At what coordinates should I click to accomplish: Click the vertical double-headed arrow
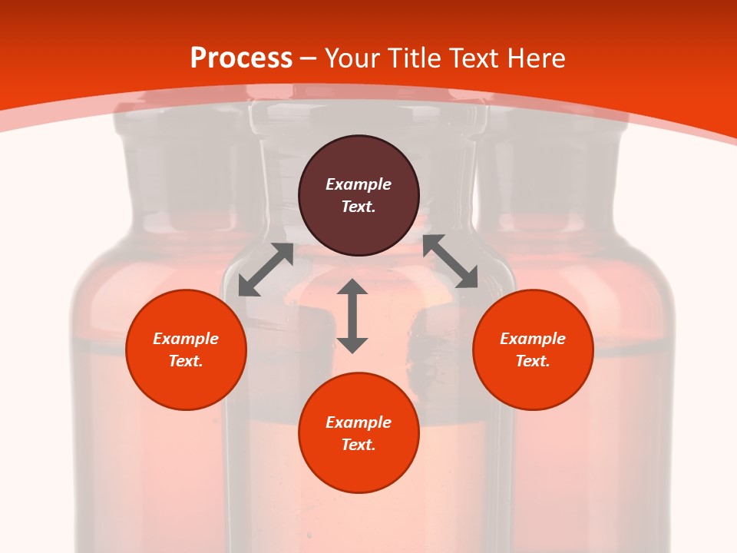[x=352, y=316]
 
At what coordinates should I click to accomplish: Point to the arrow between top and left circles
[x=266, y=270]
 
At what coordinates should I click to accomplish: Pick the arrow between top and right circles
[x=450, y=261]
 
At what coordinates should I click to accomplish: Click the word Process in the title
[x=241, y=58]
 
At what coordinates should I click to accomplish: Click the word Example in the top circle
[x=359, y=184]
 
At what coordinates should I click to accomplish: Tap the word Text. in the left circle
[x=186, y=361]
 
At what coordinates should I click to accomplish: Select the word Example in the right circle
[x=533, y=339]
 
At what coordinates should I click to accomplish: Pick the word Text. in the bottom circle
[x=359, y=445]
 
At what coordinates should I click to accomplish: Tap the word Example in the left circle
[x=186, y=339]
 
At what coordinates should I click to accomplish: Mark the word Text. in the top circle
[x=359, y=207]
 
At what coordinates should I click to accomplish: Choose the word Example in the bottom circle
[x=359, y=422]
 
